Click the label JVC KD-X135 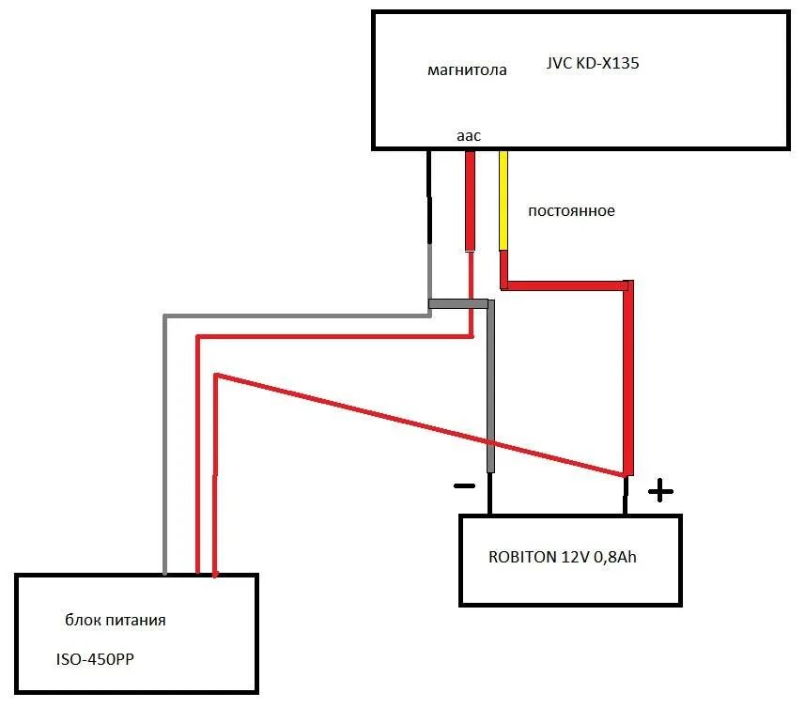[x=593, y=65]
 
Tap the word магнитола [x=467, y=70]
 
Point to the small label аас [x=469, y=136]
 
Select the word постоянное [x=571, y=211]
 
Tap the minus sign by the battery [x=464, y=486]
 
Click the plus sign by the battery [x=660, y=489]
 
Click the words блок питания [x=116, y=621]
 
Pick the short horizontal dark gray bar [x=458, y=304]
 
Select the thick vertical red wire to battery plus [x=628, y=376]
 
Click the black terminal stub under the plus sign [x=626, y=495]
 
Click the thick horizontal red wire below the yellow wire [x=564, y=284]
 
